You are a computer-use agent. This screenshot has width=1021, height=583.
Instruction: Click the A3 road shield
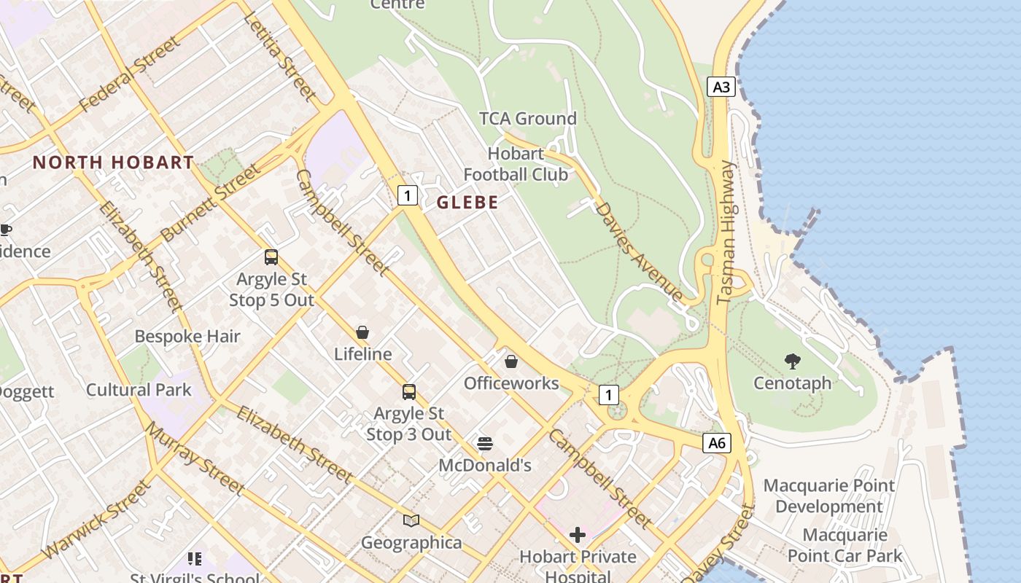[721, 87]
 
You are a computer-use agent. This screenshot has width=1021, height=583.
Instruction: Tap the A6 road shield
[717, 442]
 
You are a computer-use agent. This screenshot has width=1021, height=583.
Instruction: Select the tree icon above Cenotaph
[792, 361]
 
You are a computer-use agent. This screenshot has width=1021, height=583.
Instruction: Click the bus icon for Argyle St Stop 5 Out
[271, 257]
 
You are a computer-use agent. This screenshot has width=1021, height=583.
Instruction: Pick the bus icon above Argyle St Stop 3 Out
[409, 392]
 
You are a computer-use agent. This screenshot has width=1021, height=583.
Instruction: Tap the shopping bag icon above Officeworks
[511, 361]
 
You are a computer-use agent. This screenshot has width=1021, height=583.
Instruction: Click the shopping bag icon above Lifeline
[362, 332]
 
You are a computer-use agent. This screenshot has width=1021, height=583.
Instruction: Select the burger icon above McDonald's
[485, 443]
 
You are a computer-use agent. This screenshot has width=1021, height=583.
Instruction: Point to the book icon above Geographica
[411, 520]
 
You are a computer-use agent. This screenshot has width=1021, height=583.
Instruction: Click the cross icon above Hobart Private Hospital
[577, 535]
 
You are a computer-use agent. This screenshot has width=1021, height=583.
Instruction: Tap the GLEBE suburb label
[467, 203]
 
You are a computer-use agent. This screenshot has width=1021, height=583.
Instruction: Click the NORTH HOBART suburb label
[113, 163]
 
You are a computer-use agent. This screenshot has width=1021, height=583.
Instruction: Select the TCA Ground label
[527, 118]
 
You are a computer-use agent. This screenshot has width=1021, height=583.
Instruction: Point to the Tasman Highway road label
[726, 232]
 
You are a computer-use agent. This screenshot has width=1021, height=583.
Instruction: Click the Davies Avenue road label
[639, 251]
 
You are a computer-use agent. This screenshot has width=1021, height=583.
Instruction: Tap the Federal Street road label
[129, 74]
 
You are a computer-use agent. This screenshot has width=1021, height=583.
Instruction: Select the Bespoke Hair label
[187, 336]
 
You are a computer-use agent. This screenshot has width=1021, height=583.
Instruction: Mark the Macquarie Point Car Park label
[845, 545]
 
